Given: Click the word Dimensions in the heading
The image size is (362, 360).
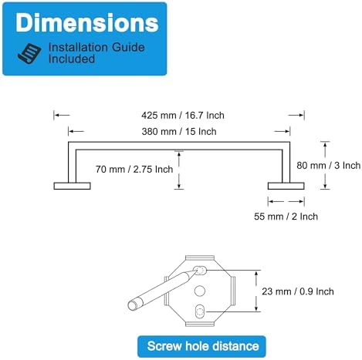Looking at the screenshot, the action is [x=87, y=22].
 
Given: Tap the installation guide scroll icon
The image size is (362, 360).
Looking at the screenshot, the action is [x=30, y=53].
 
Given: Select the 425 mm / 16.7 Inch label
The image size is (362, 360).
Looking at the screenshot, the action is [x=183, y=115].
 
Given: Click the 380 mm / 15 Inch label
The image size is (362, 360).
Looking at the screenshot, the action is [x=179, y=131].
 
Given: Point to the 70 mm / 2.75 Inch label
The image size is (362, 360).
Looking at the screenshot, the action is [x=134, y=169].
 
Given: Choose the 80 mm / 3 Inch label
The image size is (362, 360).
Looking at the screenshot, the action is [x=329, y=165].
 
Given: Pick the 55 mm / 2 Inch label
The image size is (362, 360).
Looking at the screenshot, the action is [x=286, y=217].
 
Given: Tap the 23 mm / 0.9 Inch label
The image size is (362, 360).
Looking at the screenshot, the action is [x=298, y=291].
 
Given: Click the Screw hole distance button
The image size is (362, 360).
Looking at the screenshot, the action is [x=201, y=346].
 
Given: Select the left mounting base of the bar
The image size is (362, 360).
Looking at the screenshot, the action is [x=72, y=186].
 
